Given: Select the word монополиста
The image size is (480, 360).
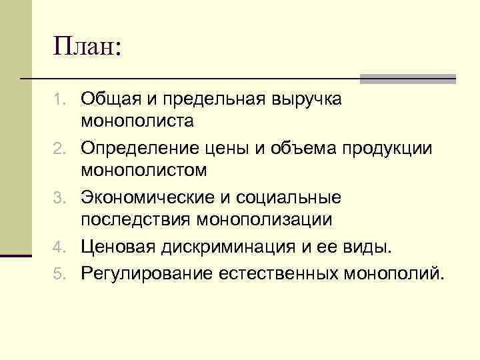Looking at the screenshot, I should click(137, 122).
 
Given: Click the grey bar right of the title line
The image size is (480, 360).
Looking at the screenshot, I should click(407, 79).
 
